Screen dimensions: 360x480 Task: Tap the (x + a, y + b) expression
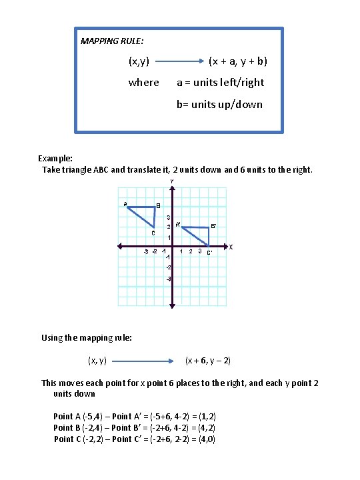pos(238,61)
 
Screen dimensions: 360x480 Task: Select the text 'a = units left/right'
pos(220,83)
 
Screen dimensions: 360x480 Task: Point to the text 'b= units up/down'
pos(219,104)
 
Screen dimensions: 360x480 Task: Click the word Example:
pos(56,159)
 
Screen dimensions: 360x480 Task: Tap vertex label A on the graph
pos(124,203)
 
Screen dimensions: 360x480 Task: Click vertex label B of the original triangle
pos(158,205)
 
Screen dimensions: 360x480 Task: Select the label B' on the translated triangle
pos(213,226)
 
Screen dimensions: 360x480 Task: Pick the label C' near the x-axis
pos(209,252)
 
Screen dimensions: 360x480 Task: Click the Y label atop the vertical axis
pos(171,181)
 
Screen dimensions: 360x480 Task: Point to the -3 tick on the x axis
pos(145,251)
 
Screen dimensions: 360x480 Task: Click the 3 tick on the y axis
pos(169,217)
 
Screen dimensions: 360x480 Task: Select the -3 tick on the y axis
pos(169,278)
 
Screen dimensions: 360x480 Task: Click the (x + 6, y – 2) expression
pos(208,361)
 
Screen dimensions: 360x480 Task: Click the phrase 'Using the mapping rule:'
pos(87,338)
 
